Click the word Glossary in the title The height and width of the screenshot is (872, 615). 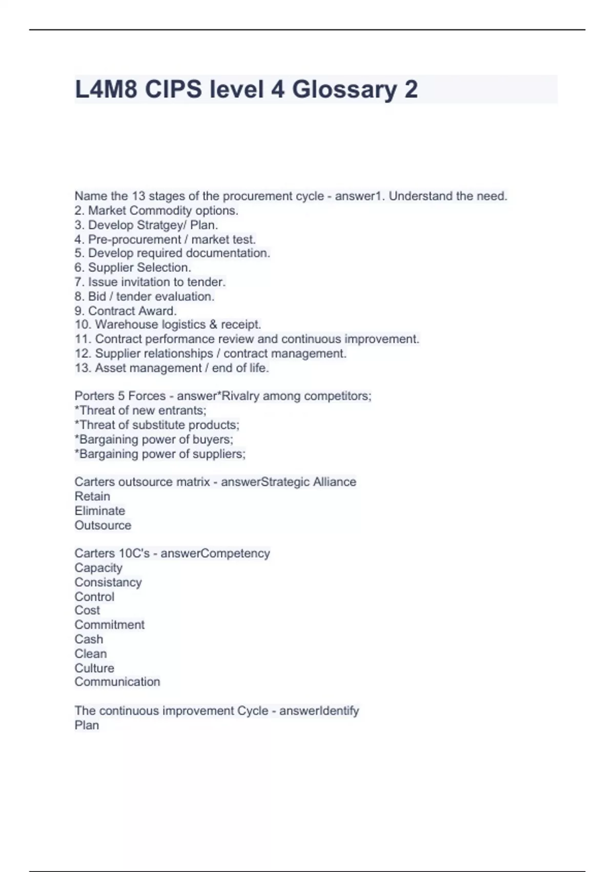pyautogui.click(x=344, y=90)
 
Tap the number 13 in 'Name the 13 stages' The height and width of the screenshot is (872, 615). pyautogui.click(x=139, y=196)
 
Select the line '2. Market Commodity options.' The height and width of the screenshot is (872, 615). pyautogui.click(x=156, y=210)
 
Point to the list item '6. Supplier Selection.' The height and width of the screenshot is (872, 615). pyautogui.click(x=133, y=267)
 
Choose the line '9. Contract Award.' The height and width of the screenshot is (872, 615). pyautogui.click(x=126, y=311)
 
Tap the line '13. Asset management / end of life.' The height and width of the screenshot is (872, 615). pyautogui.click(x=172, y=368)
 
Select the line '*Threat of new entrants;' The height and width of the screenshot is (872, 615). pyautogui.click(x=140, y=410)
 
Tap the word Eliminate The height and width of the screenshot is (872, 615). pyautogui.click(x=100, y=511)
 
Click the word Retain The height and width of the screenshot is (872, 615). pyautogui.click(x=92, y=497)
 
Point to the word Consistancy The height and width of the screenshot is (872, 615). pyautogui.click(x=108, y=582)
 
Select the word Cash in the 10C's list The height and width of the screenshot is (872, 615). pyautogui.click(x=89, y=639)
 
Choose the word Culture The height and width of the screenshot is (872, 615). pyautogui.click(x=94, y=668)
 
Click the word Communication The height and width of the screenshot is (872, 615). pyautogui.click(x=117, y=682)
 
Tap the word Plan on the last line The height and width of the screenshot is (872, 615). pyautogui.click(x=87, y=725)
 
